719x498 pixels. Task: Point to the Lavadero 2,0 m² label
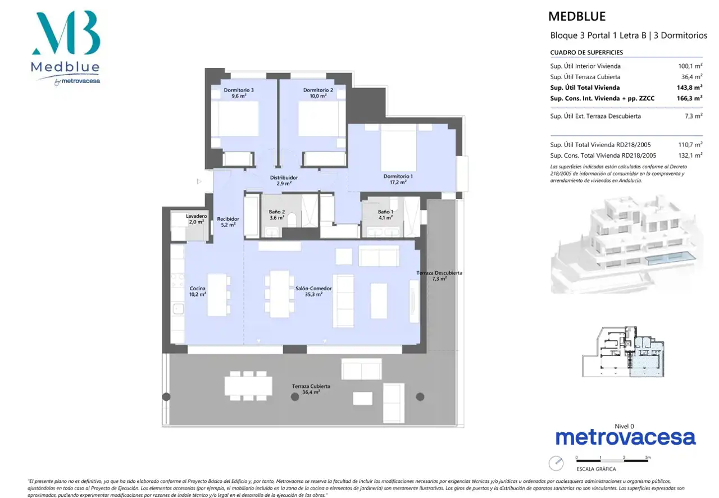196,219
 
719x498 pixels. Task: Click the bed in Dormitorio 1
398,147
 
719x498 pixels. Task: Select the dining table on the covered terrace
248,386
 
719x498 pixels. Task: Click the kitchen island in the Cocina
217,295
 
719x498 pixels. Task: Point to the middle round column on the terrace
295,397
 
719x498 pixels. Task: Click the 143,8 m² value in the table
689,87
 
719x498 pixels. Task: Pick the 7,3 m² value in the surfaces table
693,116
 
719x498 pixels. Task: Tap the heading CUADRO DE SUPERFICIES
586,52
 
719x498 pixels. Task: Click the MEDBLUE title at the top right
577,16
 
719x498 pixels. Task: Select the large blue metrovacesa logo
626,438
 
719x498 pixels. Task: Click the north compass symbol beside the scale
556,463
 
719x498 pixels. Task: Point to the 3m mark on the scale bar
648,458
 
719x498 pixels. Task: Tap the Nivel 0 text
624,426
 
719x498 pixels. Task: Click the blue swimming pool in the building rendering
671,258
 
